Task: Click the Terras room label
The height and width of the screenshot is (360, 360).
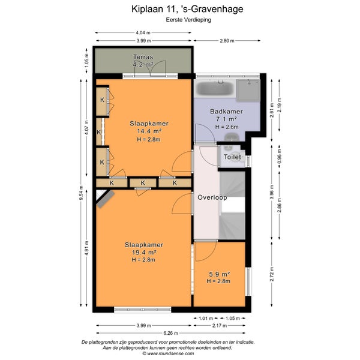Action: (x=143, y=57)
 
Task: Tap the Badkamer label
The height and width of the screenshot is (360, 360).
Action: (x=226, y=112)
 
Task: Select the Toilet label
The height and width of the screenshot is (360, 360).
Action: (x=232, y=157)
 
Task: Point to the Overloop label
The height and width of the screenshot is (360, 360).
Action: (x=212, y=197)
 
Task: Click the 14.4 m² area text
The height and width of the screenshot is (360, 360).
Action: (x=149, y=131)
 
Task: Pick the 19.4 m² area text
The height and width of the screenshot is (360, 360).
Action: (x=144, y=253)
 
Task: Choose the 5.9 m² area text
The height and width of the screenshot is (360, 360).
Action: (x=220, y=274)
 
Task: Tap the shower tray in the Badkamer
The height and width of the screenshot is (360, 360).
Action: (x=248, y=90)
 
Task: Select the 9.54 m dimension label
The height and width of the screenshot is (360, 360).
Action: (x=81, y=193)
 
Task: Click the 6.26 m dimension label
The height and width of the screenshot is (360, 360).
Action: (x=171, y=333)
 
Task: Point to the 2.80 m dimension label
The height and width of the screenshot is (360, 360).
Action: (x=227, y=41)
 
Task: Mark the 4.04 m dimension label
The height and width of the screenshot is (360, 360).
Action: (x=143, y=33)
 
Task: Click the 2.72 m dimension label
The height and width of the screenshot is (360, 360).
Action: (x=272, y=274)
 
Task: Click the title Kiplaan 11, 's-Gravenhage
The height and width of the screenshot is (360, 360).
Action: (x=187, y=9)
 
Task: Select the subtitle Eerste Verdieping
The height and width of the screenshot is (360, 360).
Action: (x=188, y=20)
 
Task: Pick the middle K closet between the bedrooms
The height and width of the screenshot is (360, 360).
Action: (x=143, y=183)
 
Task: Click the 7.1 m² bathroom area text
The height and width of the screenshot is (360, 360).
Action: (x=226, y=119)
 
